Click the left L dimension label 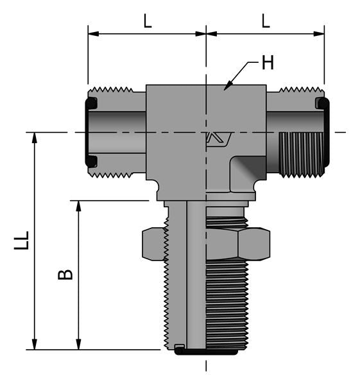pos(147,21)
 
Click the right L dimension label pos(265,21)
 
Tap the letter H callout pos(268,63)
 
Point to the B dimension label pos(65,275)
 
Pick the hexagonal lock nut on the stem pos(205,244)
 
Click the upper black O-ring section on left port pos(91,103)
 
